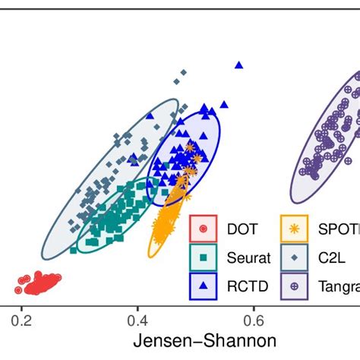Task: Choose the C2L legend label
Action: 328,257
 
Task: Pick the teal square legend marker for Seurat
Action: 203,257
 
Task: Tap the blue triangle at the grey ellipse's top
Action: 150,115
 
